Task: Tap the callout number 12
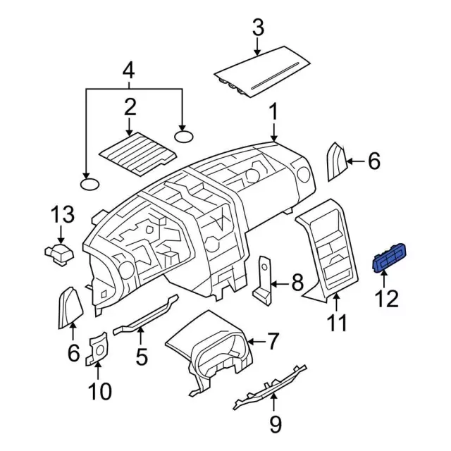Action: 387,299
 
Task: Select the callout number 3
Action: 258,27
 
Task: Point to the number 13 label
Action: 63,214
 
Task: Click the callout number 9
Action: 276,424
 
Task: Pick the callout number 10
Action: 99,391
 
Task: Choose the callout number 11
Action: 337,323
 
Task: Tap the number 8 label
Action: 297,283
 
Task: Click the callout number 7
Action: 273,341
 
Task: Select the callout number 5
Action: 142,357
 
